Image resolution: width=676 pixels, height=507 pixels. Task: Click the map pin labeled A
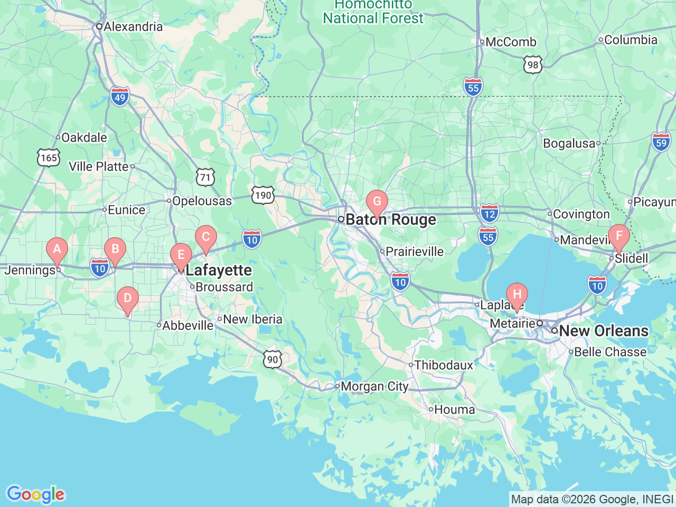(57, 249)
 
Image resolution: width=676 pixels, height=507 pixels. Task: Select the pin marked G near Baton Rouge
(377, 202)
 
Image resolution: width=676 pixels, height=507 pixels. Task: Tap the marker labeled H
(517, 295)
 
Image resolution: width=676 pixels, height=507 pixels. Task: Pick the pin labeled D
(127, 298)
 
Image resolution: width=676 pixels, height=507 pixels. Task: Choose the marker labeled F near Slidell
(618, 236)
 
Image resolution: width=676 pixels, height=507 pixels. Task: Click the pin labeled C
(205, 237)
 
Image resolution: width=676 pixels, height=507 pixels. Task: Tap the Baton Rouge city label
(391, 220)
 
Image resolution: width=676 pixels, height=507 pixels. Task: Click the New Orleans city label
(603, 331)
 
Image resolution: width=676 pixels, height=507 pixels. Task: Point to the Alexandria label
(133, 26)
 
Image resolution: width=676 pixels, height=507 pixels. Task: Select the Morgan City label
(374, 387)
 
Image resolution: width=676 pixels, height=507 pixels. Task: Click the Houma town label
(454, 410)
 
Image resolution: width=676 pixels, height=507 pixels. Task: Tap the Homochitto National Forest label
(373, 12)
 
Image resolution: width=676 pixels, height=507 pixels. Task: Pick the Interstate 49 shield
(120, 97)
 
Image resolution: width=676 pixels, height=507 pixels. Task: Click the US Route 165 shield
(49, 158)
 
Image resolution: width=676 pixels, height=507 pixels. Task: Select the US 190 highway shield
(262, 195)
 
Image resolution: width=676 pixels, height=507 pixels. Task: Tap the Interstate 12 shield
(490, 214)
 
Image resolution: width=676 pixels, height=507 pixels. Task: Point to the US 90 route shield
(273, 360)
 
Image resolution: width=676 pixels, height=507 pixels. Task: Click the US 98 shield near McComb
(533, 65)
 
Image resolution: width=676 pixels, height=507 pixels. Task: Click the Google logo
(35, 495)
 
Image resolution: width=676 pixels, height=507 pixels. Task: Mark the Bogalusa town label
(569, 144)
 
